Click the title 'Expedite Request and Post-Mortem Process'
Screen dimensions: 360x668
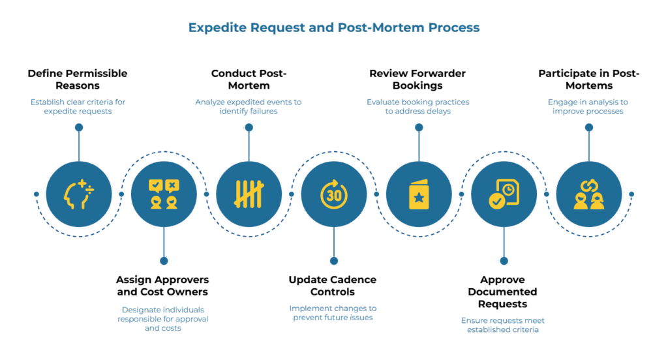333,27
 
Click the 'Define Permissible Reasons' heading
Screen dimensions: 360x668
78,79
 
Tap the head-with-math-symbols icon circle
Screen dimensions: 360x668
78,194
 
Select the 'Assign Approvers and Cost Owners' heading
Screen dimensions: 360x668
162,286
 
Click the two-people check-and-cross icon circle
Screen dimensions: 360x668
163,194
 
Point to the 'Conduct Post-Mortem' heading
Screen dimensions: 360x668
248,79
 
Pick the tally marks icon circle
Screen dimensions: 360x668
249,194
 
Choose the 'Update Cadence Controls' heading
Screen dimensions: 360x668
333,286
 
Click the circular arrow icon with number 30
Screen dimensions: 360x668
333,194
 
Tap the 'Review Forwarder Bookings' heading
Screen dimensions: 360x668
417,79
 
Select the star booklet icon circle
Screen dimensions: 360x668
418,194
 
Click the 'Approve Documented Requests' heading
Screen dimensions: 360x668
502,292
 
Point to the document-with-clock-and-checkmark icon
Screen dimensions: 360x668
504,194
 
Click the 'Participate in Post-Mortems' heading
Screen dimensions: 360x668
588,79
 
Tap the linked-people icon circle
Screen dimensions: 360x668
588,194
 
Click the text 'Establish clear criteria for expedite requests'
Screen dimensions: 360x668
78,106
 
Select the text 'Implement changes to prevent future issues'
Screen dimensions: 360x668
333,312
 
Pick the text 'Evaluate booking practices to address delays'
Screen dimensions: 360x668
417,106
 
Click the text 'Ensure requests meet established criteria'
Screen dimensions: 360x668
502,325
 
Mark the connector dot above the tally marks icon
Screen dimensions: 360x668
249,128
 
